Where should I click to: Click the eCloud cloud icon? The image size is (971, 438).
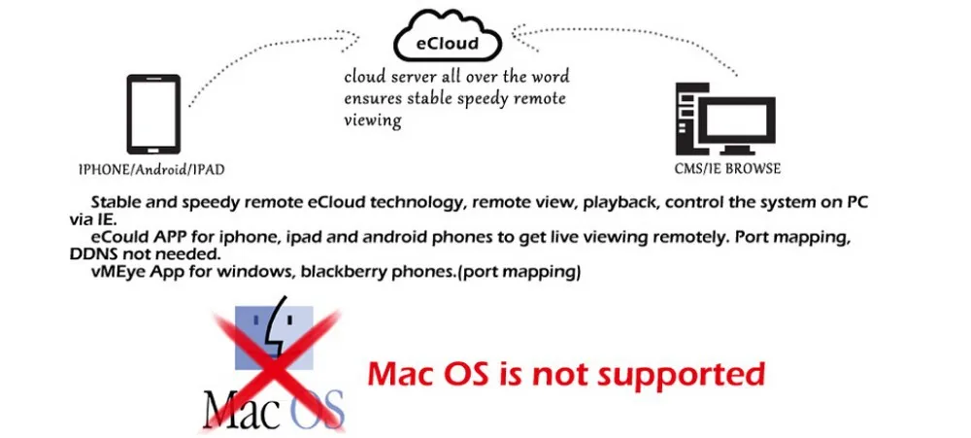coord(448,40)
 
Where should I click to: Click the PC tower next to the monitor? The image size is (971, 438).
coord(687,121)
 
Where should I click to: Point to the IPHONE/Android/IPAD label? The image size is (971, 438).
coord(151,170)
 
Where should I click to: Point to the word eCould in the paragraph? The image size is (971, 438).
coord(117,238)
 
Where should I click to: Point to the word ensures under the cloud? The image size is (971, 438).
coord(372,99)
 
